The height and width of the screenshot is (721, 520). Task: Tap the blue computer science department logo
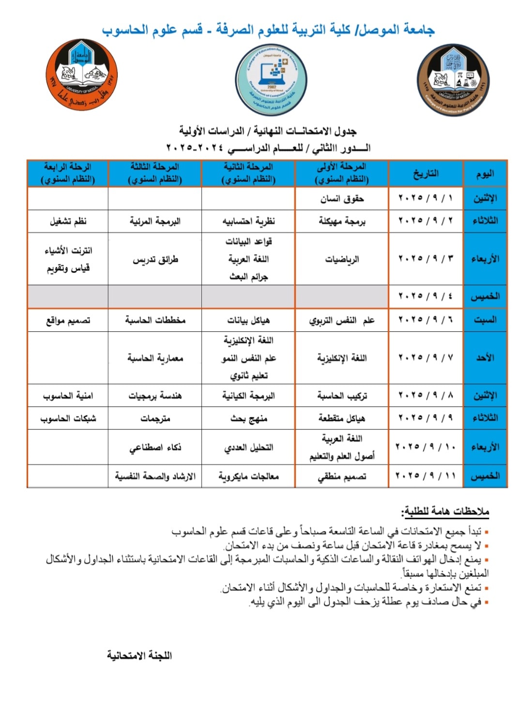(x=271, y=80)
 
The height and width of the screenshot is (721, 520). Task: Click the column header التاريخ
(x=426, y=173)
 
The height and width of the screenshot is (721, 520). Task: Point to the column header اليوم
(x=485, y=173)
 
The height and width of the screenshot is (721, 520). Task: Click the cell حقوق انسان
(x=342, y=199)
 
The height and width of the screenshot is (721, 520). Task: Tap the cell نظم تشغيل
(x=68, y=221)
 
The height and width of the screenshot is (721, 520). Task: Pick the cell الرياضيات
(x=342, y=259)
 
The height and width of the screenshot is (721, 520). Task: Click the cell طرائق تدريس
(x=155, y=259)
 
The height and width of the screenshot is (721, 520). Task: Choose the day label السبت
(x=485, y=320)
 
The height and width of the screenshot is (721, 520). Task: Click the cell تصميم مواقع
(x=68, y=320)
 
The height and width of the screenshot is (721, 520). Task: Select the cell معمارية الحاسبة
(x=155, y=358)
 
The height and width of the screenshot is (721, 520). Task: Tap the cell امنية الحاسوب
(x=68, y=396)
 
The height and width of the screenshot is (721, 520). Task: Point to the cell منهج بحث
(x=248, y=418)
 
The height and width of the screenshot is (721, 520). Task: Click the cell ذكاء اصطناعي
(x=155, y=447)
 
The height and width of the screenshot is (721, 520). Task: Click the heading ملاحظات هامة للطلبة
(x=445, y=511)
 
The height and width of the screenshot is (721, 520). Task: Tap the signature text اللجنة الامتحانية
(x=139, y=655)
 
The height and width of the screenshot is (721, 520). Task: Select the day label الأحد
(x=485, y=358)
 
